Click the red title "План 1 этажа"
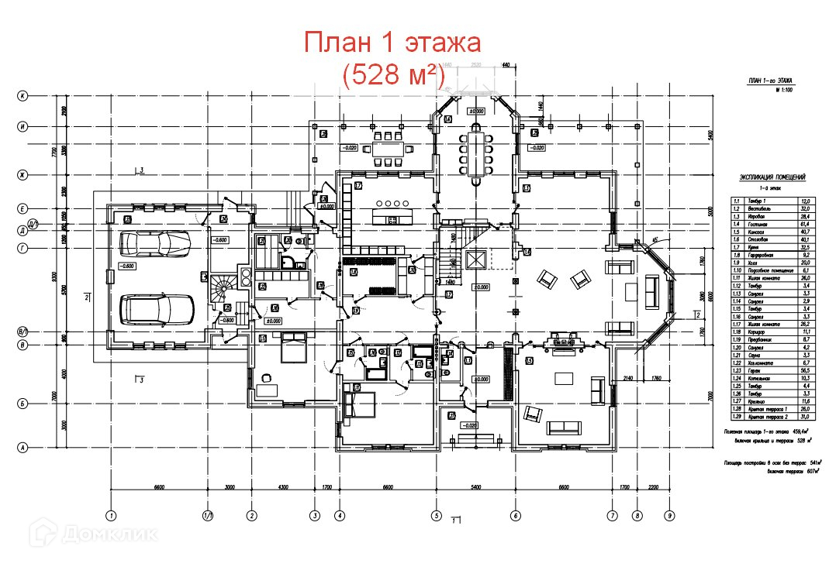[x=392, y=43]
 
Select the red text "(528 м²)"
[x=392, y=75]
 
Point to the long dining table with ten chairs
[x=475, y=153]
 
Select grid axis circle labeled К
[x=23, y=96]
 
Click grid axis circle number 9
[x=668, y=515]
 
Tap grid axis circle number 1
[x=111, y=515]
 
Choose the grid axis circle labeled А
[x=23, y=447]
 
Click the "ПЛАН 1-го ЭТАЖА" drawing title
[x=770, y=81]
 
